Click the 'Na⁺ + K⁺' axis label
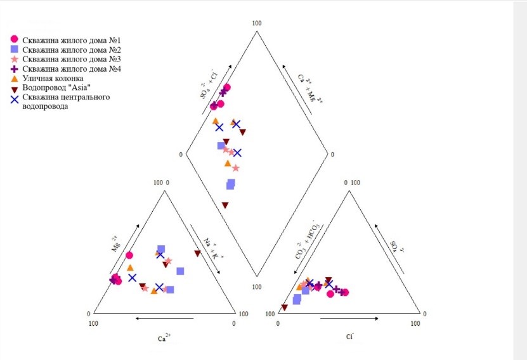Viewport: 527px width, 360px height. [209, 248]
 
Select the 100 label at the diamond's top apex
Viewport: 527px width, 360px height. [257, 23]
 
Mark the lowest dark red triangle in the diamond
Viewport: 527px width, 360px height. [225, 205]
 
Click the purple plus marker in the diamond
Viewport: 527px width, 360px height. [223, 93]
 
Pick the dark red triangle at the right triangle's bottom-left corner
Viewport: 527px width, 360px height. [283, 307]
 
